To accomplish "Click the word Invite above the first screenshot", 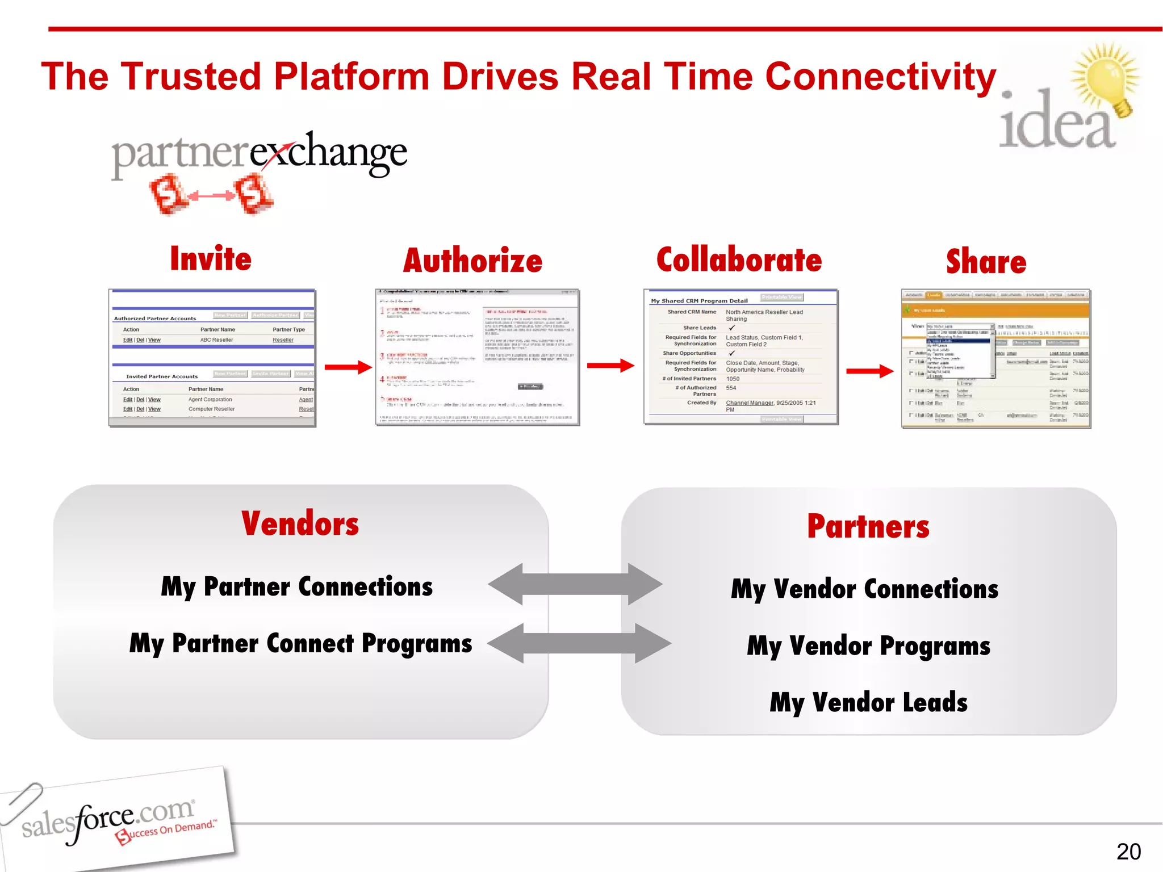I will pyautogui.click(x=211, y=259).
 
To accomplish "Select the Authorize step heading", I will pyautogui.click(x=472, y=261).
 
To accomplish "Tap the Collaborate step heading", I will pyautogui.click(x=739, y=260).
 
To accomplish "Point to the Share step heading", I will pyautogui.click(x=986, y=262).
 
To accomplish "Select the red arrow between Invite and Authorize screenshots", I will pyautogui.click(x=348, y=367).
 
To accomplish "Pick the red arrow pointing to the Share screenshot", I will pyautogui.click(x=869, y=371).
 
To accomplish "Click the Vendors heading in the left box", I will pyautogui.click(x=300, y=523).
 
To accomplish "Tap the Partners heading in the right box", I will pyautogui.click(x=868, y=526).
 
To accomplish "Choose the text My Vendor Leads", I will pyautogui.click(x=868, y=702).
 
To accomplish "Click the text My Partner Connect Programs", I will pyautogui.click(x=300, y=644).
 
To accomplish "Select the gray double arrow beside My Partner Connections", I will pyautogui.click(x=575, y=584).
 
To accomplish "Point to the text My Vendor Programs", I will pyautogui.click(x=868, y=646).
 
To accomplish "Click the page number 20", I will pyautogui.click(x=1128, y=852).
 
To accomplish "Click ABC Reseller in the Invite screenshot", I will pyautogui.click(x=216, y=340).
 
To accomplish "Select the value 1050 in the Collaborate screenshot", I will pyautogui.click(x=733, y=379).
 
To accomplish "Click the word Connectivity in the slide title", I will pyautogui.click(x=880, y=77).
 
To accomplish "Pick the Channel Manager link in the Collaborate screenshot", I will pyautogui.click(x=749, y=403).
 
